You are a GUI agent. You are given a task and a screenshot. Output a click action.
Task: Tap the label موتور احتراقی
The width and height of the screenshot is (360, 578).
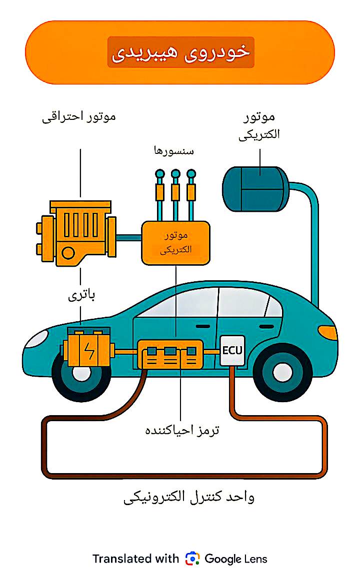coord(78,117)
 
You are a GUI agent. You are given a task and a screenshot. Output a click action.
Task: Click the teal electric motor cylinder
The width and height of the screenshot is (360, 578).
coord(255,189)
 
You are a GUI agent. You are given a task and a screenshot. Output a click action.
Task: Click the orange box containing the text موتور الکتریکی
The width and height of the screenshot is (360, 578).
coord(175,242)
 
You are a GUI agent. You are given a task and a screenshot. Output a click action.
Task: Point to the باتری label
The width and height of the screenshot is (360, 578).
coord(81,295)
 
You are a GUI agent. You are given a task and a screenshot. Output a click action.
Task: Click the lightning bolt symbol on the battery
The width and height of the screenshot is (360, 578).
coord(89,352)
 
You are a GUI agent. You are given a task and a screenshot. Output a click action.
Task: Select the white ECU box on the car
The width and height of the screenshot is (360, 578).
coord(232,350)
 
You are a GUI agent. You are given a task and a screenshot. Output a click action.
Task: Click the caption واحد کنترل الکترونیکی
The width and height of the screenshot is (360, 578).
coord(189,497)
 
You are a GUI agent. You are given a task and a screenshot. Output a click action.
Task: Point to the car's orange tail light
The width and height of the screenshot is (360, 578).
coord(328,332)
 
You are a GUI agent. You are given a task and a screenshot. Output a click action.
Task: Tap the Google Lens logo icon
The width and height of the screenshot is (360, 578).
coord(192,559)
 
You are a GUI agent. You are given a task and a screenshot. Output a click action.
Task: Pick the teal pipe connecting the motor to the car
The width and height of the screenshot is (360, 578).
coord(314,240)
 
